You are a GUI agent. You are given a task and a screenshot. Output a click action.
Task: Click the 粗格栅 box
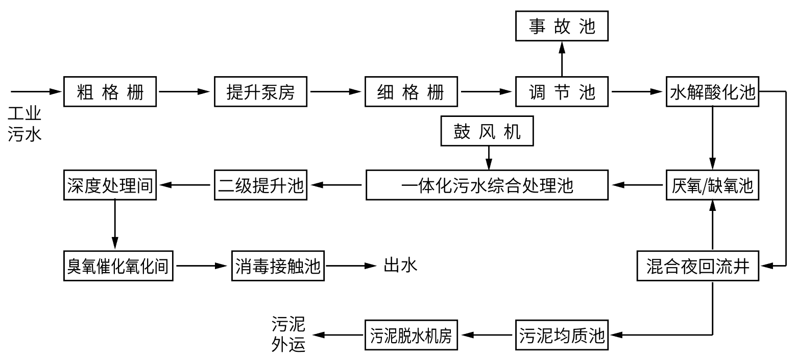[x=110, y=92]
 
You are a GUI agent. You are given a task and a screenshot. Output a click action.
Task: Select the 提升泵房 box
[x=261, y=92]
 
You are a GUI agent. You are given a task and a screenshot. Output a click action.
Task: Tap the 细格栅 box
[x=412, y=92]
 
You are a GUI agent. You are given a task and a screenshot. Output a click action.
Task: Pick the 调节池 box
[x=562, y=92]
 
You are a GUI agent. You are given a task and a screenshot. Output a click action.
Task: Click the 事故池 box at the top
[x=562, y=26]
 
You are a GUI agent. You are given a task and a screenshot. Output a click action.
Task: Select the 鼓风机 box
[x=488, y=132]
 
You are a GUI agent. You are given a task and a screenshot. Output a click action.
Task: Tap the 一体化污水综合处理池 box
[x=488, y=185]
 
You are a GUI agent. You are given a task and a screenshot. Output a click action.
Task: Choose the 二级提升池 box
[x=259, y=185]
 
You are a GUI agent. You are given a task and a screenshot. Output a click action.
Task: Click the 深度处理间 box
[x=110, y=185]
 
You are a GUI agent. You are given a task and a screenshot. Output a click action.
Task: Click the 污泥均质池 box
[x=562, y=335]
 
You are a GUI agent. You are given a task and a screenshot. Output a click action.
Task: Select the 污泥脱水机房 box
[x=412, y=335]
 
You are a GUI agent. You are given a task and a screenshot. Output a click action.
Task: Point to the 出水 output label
[x=400, y=266]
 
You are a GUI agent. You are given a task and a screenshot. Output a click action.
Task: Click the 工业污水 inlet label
[x=25, y=124]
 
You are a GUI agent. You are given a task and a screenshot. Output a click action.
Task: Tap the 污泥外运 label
[x=288, y=334]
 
